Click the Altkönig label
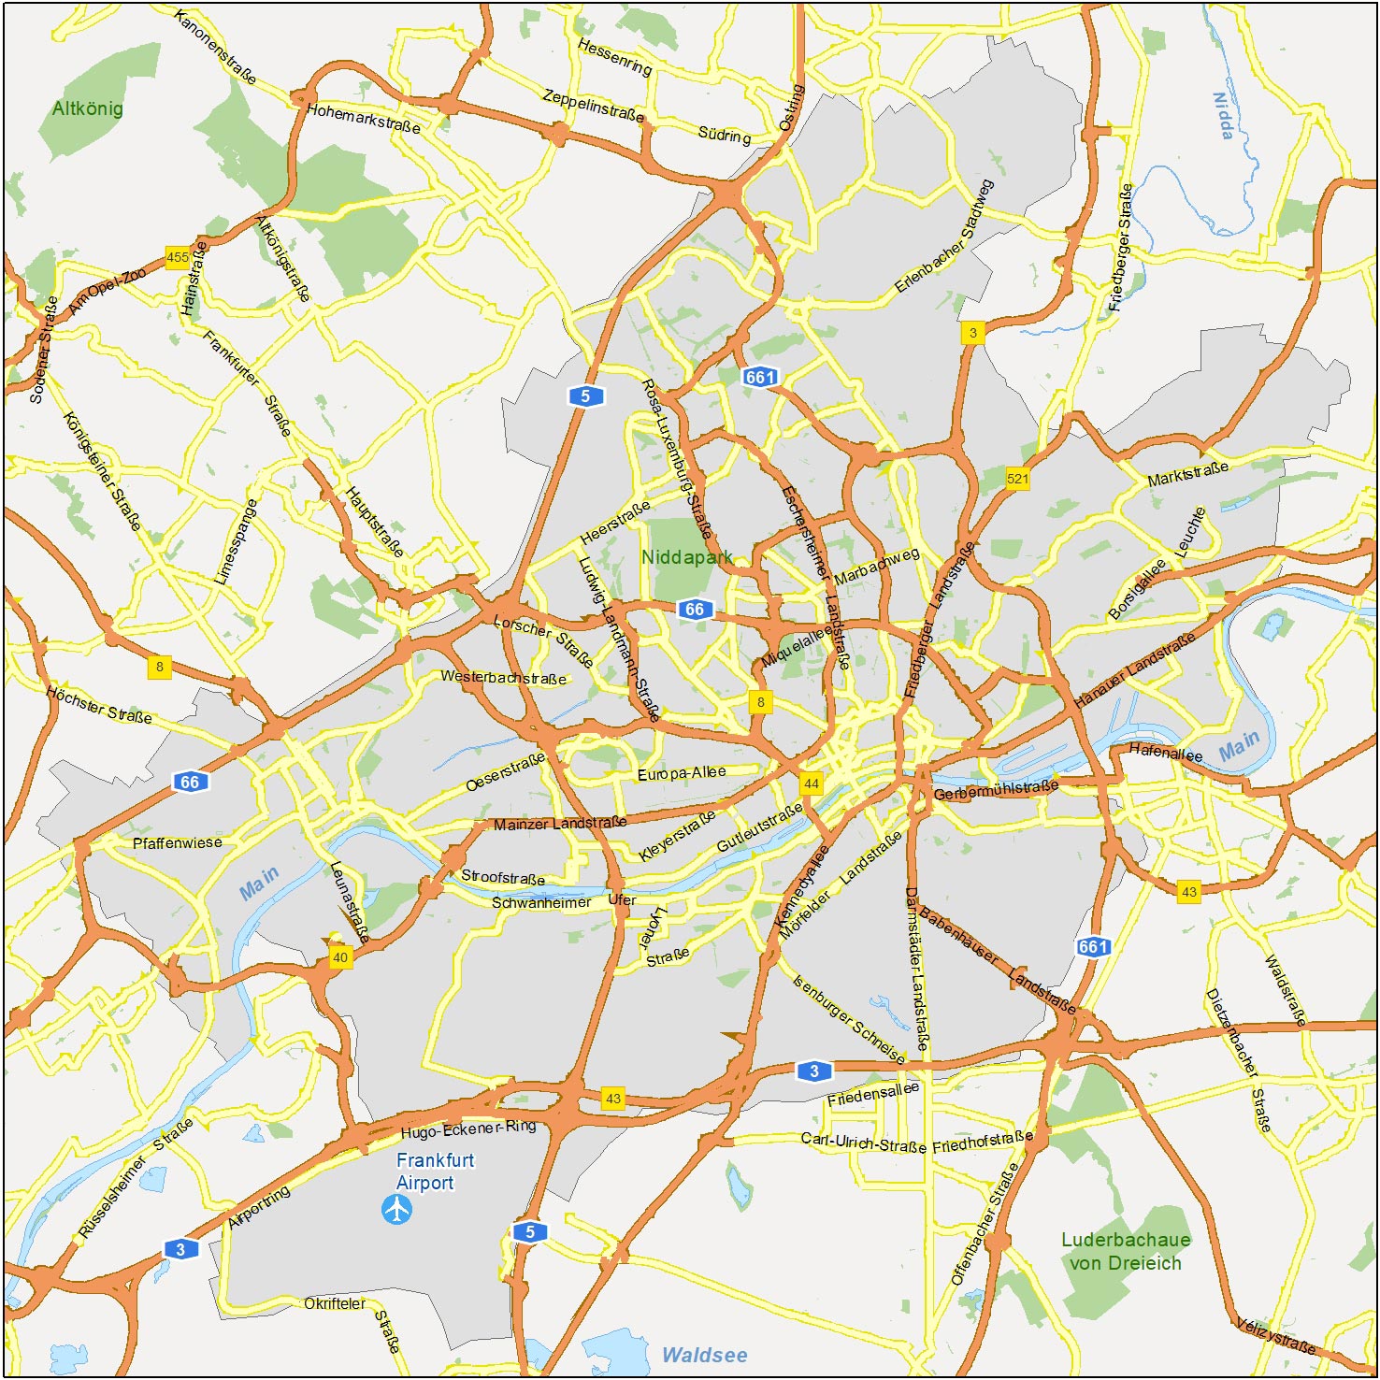tap(87, 108)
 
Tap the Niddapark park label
tap(686, 557)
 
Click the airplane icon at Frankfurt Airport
tap(397, 1209)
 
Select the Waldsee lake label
tap(704, 1354)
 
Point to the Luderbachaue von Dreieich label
tap(1126, 1251)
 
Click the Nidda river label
tap(1223, 115)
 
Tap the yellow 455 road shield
tap(177, 257)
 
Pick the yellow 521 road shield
tap(1017, 479)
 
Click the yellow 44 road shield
tap(811, 783)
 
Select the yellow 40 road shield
tap(340, 956)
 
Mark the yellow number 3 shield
tap(972, 332)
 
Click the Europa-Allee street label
tap(682, 773)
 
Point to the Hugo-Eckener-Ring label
tap(467, 1128)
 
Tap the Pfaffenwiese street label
tap(178, 842)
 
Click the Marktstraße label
tap(1187, 474)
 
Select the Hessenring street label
tap(614, 56)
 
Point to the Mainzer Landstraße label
tap(560, 824)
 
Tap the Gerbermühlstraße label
tap(996, 790)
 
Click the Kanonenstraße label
tap(215, 47)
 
